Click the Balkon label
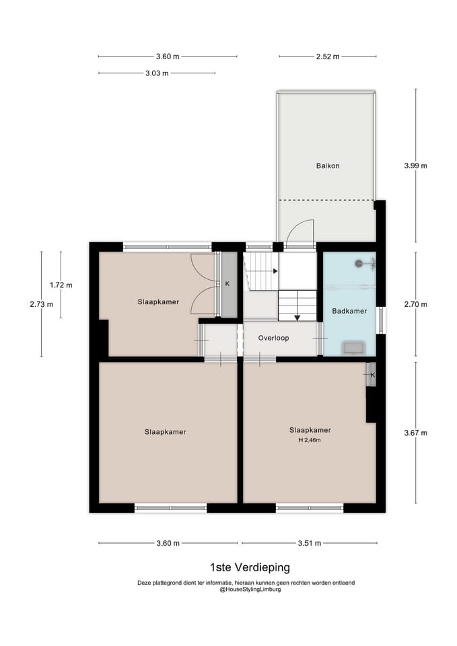point(328,166)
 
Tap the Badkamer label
point(349,311)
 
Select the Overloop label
point(274,338)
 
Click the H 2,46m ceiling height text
point(310,440)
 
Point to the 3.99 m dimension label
point(415,166)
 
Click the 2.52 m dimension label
point(328,57)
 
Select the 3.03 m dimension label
point(157,74)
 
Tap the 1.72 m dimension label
point(61,285)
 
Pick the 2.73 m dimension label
point(42,304)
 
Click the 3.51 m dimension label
point(310,544)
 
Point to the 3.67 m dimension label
point(415,433)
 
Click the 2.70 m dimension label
point(415,304)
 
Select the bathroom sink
point(353,347)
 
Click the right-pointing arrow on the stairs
point(275,271)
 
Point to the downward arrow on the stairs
point(297,318)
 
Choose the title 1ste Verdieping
point(250,567)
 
